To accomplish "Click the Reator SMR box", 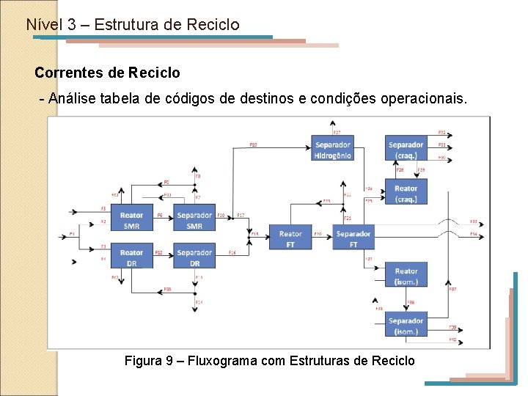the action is coord(131,219).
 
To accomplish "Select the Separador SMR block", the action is coord(194,219).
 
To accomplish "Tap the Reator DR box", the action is coord(131,257).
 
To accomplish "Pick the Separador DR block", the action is coord(194,257).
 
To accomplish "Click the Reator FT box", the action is coord(290,238).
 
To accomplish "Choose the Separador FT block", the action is coord(353,238).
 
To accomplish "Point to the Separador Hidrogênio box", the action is coord(332,150).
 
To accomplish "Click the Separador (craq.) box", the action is coord(406,150).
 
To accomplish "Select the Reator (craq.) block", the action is coord(406,193).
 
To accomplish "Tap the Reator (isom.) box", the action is coord(406,276).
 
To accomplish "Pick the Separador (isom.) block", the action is coord(406,325).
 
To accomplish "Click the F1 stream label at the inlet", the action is coord(72,233).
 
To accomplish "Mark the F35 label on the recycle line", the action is coord(167,289).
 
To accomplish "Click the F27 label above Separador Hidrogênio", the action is coord(337,132).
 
